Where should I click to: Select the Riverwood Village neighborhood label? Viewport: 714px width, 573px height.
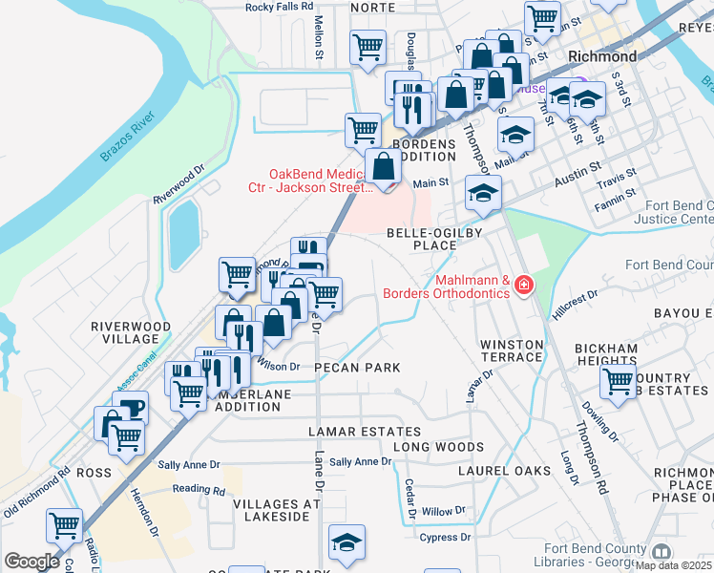pyautogui.click(x=131, y=332)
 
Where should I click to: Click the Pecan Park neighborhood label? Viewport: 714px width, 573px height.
pyautogui.click(x=356, y=368)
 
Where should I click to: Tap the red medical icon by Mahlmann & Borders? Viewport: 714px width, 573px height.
pyautogui.click(x=523, y=286)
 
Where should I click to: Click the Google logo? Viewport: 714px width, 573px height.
pyautogui.click(x=31, y=562)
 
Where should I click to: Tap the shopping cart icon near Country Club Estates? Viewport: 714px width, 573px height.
pyautogui.click(x=619, y=380)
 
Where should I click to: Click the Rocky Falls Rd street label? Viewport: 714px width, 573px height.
pyautogui.click(x=280, y=6)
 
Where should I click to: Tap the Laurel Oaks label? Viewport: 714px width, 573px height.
pyautogui.click(x=504, y=471)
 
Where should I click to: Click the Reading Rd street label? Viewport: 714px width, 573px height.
pyautogui.click(x=199, y=489)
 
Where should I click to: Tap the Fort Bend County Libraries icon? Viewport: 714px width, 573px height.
pyautogui.click(x=660, y=552)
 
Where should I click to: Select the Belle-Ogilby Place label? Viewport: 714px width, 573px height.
pyautogui.click(x=421, y=239)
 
